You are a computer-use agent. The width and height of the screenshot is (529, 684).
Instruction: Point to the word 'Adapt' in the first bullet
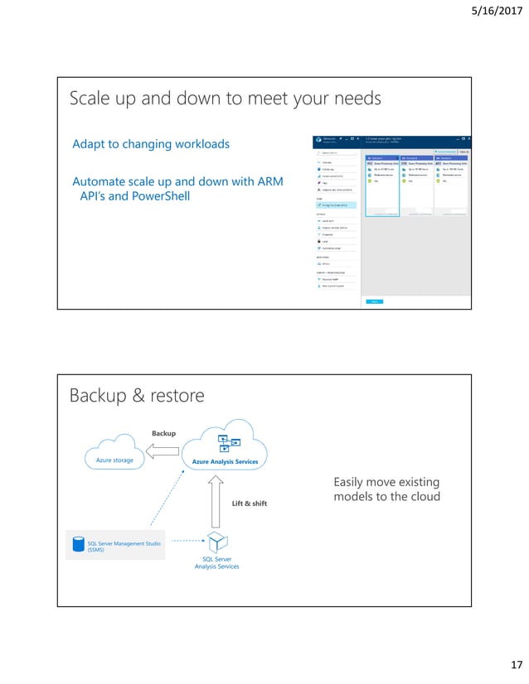point(90,145)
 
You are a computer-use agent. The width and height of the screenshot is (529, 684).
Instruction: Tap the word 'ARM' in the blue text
point(267,181)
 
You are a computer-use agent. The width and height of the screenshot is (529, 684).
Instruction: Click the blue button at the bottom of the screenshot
point(376,301)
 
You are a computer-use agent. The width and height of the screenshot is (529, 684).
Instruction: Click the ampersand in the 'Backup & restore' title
point(133,397)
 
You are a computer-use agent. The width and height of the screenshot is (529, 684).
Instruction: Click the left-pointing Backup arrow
point(164,451)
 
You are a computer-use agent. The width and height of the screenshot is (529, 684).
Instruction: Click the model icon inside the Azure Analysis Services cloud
point(224,441)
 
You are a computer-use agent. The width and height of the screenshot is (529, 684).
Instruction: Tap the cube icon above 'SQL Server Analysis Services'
point(216,542)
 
